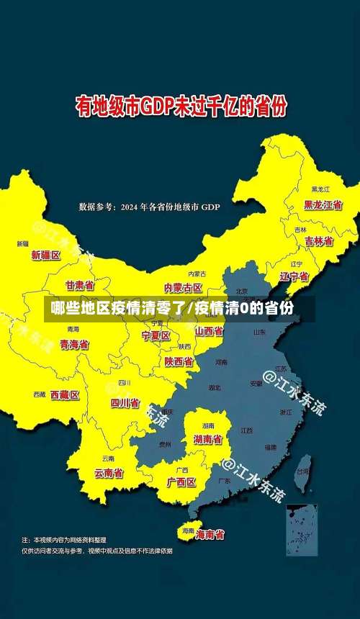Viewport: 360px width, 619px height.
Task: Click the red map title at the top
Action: [181, 107]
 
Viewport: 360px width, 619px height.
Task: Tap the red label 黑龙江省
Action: [323, 205]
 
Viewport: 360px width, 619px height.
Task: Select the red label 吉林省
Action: [318, 241]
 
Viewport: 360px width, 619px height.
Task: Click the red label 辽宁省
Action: [294, 276]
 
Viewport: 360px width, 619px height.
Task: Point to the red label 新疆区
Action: [46, 255]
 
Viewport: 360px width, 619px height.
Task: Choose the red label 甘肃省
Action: [80, 285]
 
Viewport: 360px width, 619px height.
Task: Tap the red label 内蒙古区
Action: [183, 287]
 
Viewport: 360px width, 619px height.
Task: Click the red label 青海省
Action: [74, 345]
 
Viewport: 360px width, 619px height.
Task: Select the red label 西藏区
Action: [65, 394]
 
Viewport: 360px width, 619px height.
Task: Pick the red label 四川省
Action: [125, 403]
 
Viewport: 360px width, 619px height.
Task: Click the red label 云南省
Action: [109, 473]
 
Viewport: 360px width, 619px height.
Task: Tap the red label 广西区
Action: [181, 482]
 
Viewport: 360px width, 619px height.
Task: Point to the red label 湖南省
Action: [208, 438]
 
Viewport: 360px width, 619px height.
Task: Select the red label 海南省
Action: [210, 534]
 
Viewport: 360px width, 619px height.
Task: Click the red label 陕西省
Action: [178, 361]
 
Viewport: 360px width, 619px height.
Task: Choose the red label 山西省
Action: [209, 331]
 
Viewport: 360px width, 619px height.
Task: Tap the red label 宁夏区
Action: [156, 335]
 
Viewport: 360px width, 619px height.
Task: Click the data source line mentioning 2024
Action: [149, 207]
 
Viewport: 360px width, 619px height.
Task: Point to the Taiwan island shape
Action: [303, 466]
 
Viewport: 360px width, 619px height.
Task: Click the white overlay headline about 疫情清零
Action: [172, 309]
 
